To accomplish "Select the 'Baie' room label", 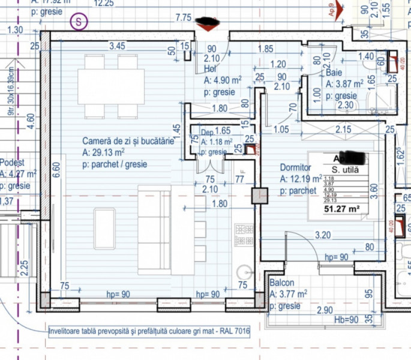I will pos(334,73).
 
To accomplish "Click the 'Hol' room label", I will pos(209,68).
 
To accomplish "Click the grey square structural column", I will pos(260,196).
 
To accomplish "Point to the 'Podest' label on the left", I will pos(12,163).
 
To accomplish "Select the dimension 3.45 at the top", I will pos(117,45).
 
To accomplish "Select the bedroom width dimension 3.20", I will pos(323,236).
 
